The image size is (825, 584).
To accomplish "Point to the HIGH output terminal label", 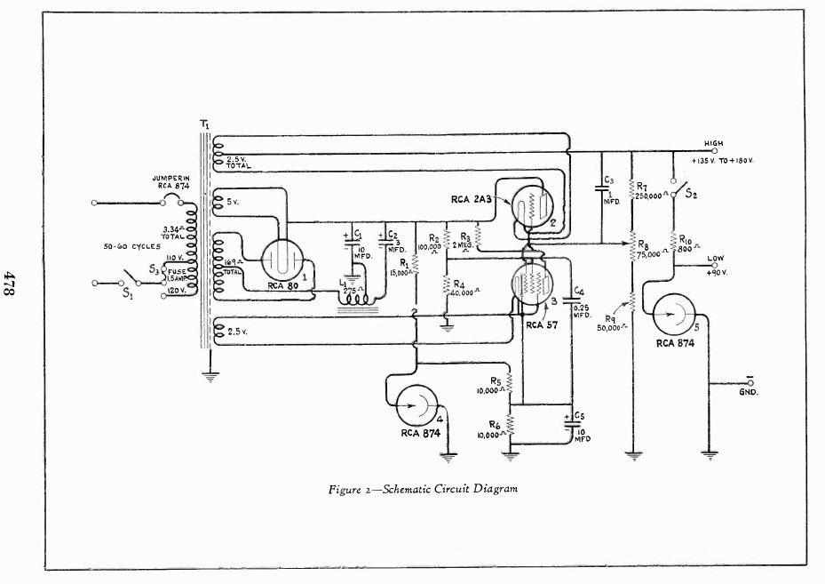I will pos(713,143).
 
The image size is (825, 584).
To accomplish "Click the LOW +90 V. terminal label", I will pos(716,264).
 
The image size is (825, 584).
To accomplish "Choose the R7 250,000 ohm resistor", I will pos(631,188).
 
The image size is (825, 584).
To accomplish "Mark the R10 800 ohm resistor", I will pos(674,241).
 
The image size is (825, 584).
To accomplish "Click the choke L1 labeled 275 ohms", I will pos(356,301).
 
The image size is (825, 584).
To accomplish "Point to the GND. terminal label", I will pos(750,391).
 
